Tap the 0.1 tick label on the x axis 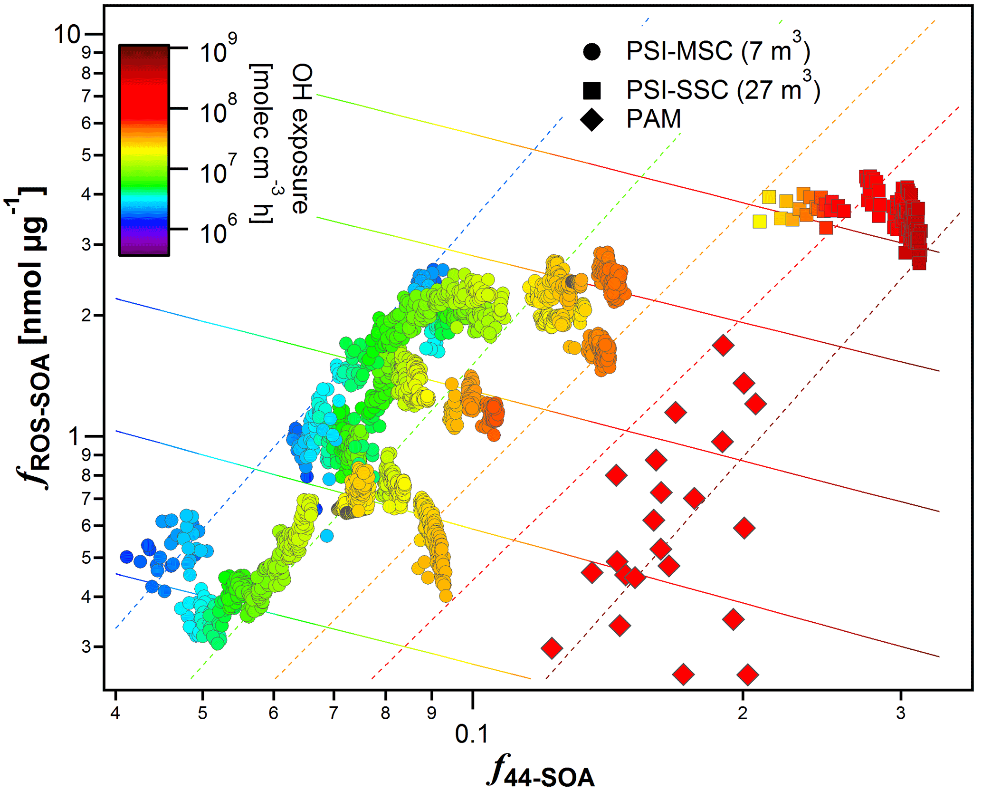click(x=471, y=734)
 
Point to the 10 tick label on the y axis click(x=67, y=35)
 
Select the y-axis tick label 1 click(x=74, y=436)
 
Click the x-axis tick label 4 click(x=115, y=713)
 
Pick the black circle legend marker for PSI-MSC click(x=592, y=51)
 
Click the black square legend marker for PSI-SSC click(x=592, y=90)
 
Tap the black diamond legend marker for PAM click(x=592, y=119)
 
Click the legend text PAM click(x=654, y=119)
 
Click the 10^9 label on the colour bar click(x=218, y=50)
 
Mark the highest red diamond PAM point click(x=723, y=345)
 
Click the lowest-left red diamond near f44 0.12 click(x=552, y=647)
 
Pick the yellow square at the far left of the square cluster click(x=760, y=222)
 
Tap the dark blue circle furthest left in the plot click(x=126, y=557)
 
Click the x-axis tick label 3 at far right click(x=901, y=713)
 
